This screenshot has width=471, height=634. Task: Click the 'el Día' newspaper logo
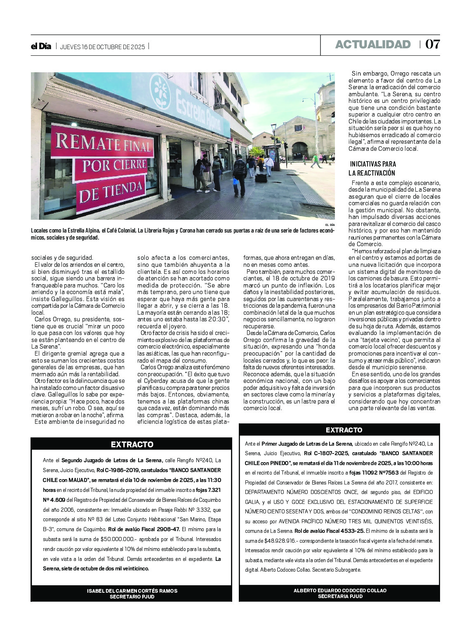[41, 46]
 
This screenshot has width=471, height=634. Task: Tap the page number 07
[433, 45]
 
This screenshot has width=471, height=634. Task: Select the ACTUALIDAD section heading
[373, 45]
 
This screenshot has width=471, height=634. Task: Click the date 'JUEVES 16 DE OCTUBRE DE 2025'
[102, 47]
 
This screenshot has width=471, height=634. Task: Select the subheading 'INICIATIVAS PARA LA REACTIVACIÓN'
[372, 169]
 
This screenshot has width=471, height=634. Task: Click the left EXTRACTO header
[132, 444]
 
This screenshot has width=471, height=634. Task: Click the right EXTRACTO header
[344, 430]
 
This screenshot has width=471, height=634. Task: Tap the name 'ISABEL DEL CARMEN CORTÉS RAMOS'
[132, 591]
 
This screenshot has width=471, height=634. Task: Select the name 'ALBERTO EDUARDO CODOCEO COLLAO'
[340, 591]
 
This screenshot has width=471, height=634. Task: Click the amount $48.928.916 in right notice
[277, 541]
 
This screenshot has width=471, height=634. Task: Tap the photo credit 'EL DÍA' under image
[330, 225]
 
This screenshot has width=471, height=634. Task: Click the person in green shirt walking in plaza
[316, 160]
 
